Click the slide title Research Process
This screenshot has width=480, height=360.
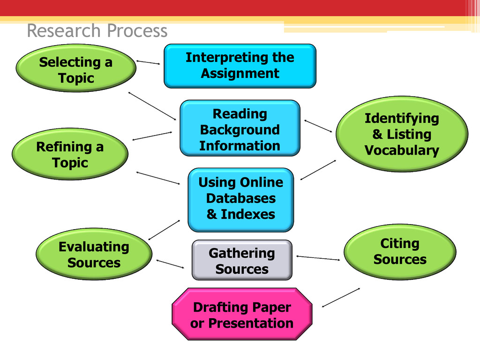click(97, 31)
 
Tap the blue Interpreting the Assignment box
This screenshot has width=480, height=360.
click(240, 66)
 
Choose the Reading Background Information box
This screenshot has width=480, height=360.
click(240, 128)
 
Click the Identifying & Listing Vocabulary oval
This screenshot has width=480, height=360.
click(402, 134)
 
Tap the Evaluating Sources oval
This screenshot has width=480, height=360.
click(94, 254)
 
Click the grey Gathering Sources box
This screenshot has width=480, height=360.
click(242, 260)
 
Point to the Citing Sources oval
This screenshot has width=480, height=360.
click(400, 251)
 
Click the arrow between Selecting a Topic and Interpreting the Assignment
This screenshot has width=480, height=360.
click(149, 62)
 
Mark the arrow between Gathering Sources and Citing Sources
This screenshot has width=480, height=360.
click(318, 257)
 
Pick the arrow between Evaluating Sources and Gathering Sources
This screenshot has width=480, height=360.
click(170, 264)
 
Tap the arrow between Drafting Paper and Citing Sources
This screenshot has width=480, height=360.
click(341, 297)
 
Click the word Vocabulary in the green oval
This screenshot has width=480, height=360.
click(402, 150)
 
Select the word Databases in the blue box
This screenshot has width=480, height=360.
click(241, 198)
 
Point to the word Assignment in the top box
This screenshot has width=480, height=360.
click(240, 74)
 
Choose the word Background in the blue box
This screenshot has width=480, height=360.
click(240, 130)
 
